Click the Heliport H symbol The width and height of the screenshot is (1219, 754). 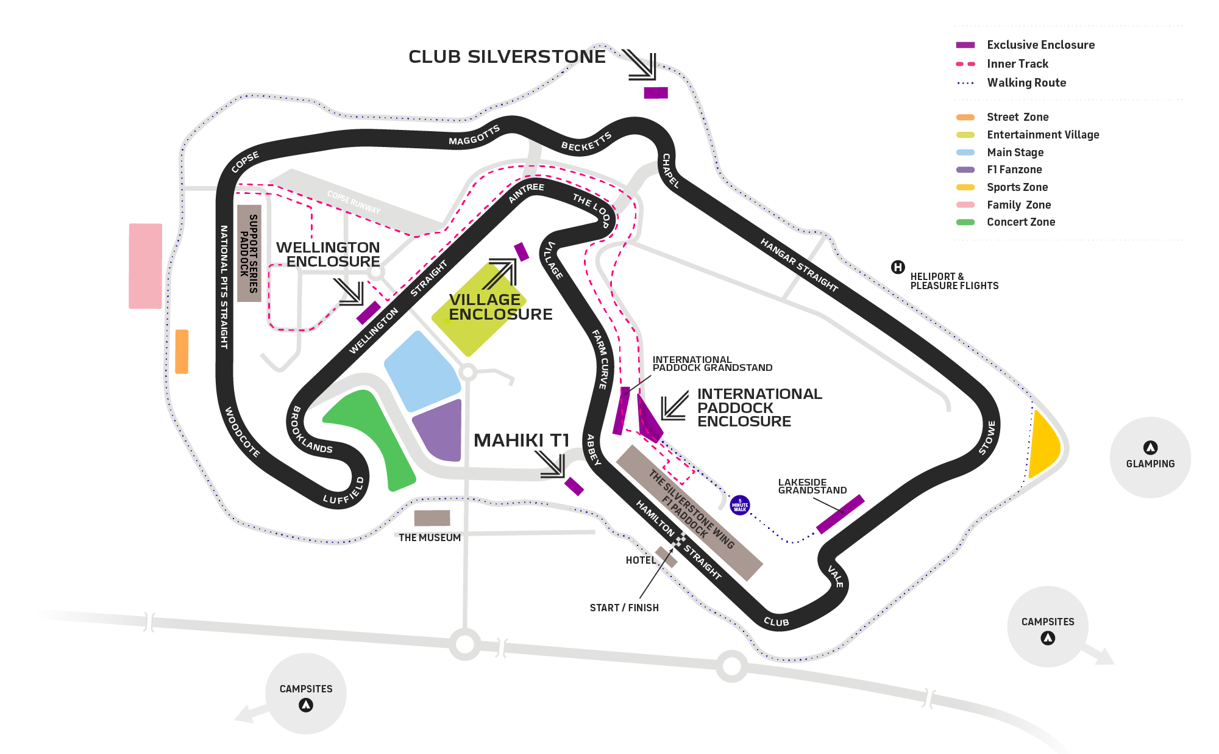(898, 267)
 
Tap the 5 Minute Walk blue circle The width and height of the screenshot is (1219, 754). (740, 505)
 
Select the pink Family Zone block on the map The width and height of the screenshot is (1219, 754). (145, 266)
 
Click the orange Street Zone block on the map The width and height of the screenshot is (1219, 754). (182, 351)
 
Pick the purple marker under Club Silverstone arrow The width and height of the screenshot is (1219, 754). (656, 93)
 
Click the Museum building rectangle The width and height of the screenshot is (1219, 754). (432, 518)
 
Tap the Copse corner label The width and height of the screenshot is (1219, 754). (246, 162)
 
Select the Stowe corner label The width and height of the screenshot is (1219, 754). (987, 437)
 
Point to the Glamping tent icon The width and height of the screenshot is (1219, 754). (1150, 448)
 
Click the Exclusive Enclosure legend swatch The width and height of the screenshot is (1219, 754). (965, 45)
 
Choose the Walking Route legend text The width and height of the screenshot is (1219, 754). (1026, 83)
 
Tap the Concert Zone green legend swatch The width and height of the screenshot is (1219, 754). (965, 222)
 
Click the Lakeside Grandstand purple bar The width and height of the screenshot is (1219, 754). (840, 514)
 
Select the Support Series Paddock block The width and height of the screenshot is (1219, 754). (249, 253)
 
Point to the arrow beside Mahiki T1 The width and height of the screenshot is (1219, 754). (552, 464)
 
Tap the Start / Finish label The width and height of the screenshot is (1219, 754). (624, 608)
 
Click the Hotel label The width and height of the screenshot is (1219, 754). (641, 560)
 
